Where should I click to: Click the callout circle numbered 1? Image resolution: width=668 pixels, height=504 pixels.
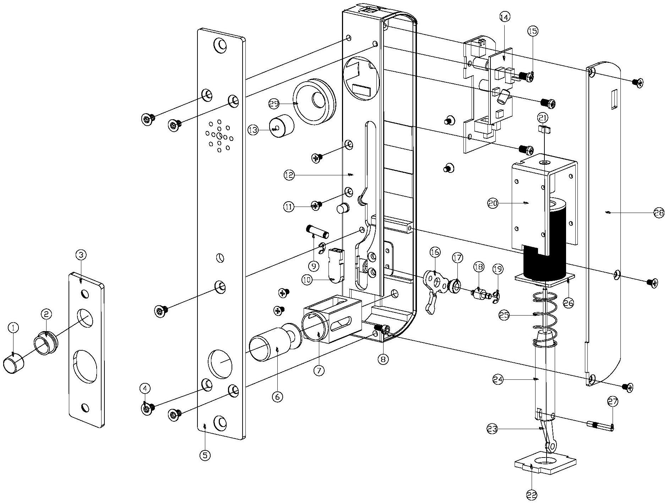click(13, 328)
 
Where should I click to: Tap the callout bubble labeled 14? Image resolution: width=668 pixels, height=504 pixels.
click(504, 17)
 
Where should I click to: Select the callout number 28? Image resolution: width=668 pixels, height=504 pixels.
click(659, 213)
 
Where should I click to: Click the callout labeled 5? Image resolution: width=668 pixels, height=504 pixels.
click(205, 455)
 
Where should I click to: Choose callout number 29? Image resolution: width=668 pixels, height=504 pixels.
click(274, 104)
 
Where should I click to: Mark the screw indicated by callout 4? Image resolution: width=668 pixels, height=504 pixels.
click(148, 410)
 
